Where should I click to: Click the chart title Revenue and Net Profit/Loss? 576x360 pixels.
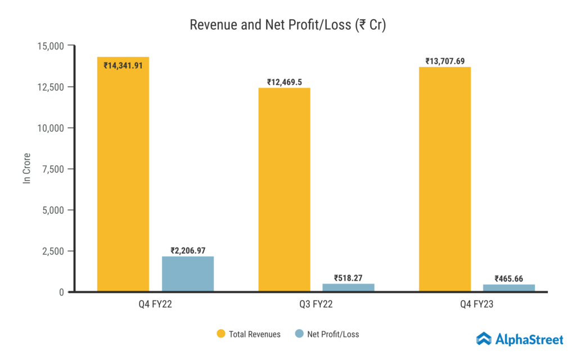click(x=287, y=25)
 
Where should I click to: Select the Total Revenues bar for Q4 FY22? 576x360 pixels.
click(x=123, y=180)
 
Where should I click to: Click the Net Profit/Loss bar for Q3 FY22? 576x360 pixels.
click(x=348, y=287)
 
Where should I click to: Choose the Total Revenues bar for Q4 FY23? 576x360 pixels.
click(x=445, y=179)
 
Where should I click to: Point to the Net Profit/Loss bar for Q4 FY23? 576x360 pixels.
click(x=509, y=288)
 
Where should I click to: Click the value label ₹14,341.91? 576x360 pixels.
click(x=123, y=65)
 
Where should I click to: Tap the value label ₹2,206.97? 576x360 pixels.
click(x=188, y=250)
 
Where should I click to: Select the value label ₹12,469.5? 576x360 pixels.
click(x=284, y=82)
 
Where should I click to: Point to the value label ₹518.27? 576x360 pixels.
click(x=349, y=278)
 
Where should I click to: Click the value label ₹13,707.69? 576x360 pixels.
click(x=445, y=61)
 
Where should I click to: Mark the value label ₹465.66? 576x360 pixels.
click(x=510, y=278)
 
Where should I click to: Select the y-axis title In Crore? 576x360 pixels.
click(x=26, y=168)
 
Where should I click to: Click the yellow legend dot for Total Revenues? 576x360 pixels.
click(x=221, y=334)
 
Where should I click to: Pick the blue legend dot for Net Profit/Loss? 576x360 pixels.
click(x=299, y=334)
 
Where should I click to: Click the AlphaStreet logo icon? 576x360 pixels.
click(x=484, y=339)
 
